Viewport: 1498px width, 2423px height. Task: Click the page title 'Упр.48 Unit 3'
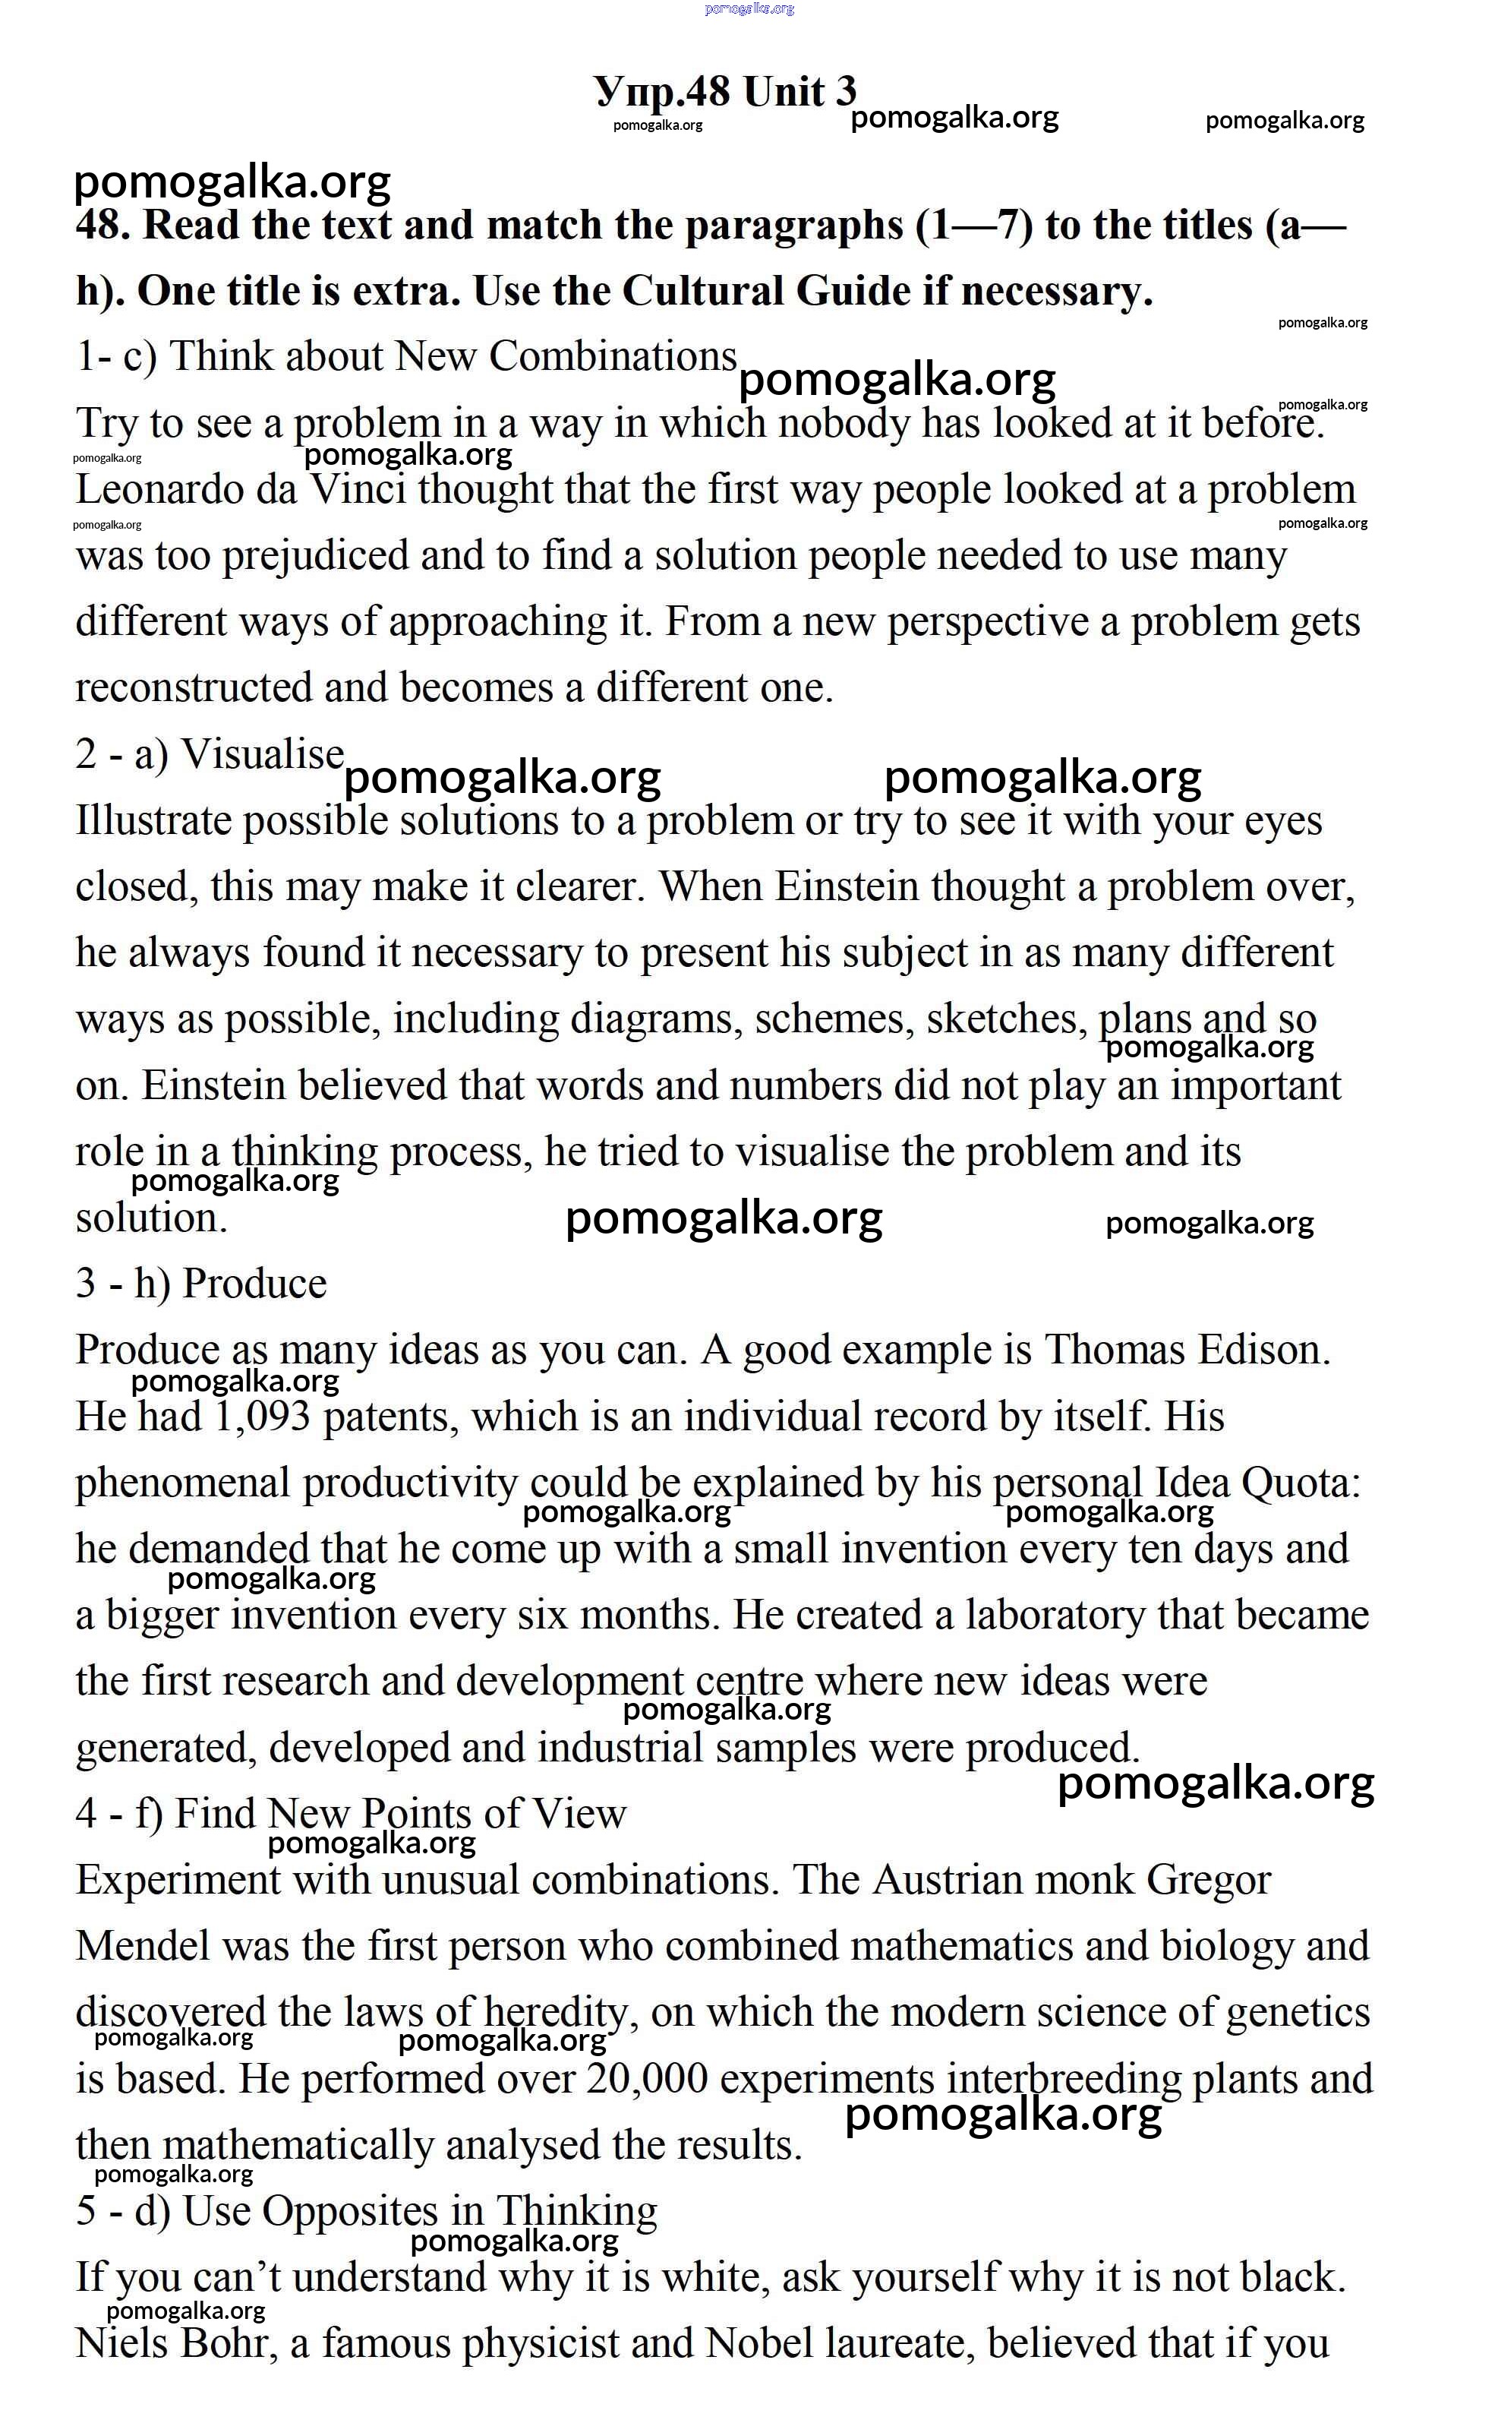(725, 91)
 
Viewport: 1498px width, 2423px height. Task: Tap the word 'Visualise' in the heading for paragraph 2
(263, 754)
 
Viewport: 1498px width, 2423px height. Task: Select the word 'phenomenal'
(183, 1483)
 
